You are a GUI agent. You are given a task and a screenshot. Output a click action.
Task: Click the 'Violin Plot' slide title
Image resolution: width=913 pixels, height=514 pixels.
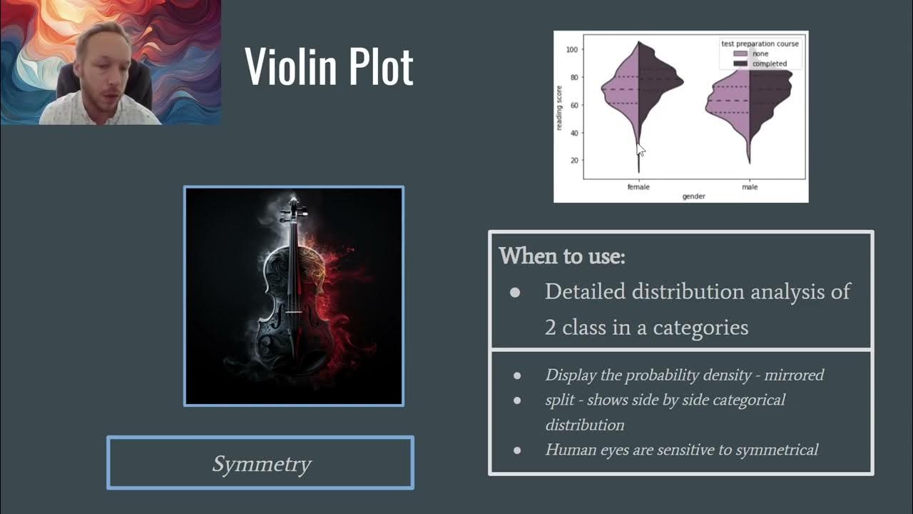pyautogui.click(x=329, y=66)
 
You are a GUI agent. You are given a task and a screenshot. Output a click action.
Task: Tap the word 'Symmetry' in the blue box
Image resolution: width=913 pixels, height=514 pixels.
pyautogui.click(x=261, y=464)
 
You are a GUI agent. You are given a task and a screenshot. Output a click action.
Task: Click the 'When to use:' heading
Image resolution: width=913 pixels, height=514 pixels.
pyautogui.click(x=561, y=256)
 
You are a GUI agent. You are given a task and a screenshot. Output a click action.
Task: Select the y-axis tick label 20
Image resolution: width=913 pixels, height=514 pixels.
pyautogui.click(x=574, y=161)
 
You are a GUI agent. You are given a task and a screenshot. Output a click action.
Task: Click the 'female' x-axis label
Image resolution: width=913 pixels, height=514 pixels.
pyautogui.click(x=638, y=187)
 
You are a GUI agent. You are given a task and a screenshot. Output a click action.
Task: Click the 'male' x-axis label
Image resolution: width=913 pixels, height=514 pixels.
pyautogui.click(x=749, y=187)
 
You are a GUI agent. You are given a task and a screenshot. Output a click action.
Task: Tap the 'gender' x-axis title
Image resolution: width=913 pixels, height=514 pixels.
pyautogui.click(x=694, y=196)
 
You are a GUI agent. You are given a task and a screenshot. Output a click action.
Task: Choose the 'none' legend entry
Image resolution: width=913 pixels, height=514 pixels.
pyautogui.click(x=760, y=54)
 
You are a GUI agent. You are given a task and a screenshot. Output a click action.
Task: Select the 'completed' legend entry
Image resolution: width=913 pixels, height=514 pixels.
pyautogui.click(x=769, y=64)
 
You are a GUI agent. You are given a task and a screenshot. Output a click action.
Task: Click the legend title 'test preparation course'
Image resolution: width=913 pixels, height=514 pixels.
pyautogui.click(x=760, y=44)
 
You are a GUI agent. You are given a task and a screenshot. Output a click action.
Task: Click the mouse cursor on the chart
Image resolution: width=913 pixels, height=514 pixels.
pyautogui.click(x=639, y=148)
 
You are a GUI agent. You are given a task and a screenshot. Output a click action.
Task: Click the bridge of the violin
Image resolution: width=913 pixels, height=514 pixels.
pyautogui.click(x=293, y=312)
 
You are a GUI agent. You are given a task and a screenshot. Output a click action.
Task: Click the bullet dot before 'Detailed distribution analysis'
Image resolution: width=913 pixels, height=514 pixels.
pyautogui.click(x=515, y=293)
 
